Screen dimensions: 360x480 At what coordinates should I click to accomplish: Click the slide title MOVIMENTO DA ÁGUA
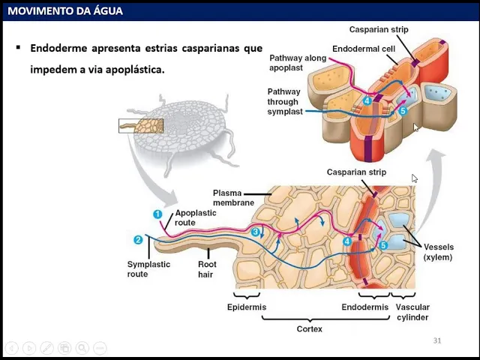[x=65, y=11]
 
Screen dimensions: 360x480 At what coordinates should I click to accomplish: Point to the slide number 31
[x=437, y=340]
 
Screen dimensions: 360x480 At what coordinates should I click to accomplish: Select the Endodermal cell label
[x=364, y=49]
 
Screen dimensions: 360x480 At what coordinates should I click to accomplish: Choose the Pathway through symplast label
[x=285, y=101]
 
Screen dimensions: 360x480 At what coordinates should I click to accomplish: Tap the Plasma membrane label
[x=233, y=197]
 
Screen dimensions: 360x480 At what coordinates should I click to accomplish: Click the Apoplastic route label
[x=195, y=217]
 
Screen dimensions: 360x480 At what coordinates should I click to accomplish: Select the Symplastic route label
[x=148, y=269]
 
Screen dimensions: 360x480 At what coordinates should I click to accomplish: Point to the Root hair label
[x=207, y=269]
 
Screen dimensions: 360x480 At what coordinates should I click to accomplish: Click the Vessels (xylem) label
[x=438, y=252]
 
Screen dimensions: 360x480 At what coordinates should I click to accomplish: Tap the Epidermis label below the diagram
[x=247, y=307]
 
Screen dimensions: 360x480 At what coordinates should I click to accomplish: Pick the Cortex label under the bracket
[x=309, y=328]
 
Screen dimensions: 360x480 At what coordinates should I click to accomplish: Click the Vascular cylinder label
[x=412, y=312]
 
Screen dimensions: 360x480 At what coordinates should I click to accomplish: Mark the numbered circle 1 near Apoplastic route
[x=157, y=214]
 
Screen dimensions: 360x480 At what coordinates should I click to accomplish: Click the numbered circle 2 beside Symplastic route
[x=138, y=240]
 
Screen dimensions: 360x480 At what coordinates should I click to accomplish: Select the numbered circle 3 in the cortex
[x=256, y=232]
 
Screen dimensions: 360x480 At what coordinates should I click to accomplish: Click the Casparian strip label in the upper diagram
[x=379, y=29]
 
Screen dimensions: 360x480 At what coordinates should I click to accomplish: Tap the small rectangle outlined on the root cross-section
[x=140, y=125]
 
